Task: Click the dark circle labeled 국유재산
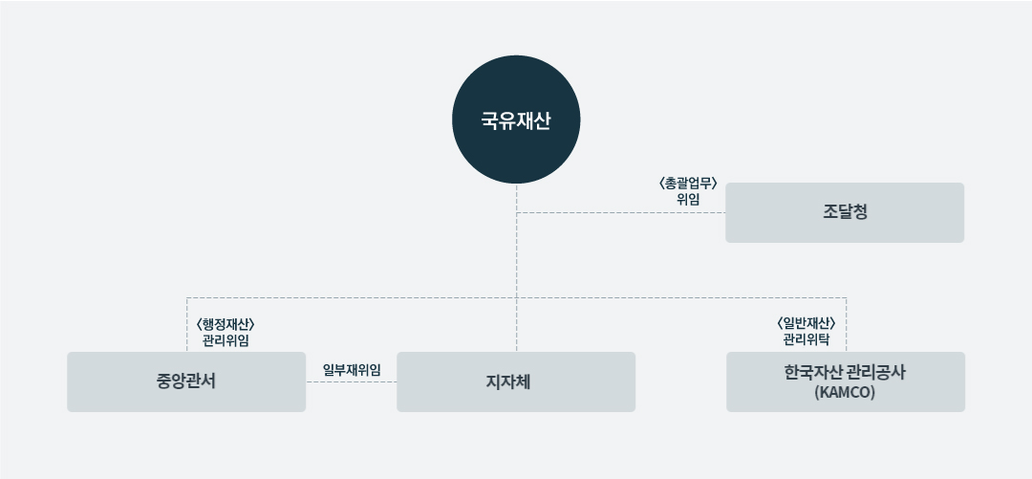(516, 120)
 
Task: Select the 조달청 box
(845, 213)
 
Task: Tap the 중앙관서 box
(186, 382)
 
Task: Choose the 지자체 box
(516, 382)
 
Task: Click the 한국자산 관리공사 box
(846, 382)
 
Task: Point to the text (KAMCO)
(845, 393)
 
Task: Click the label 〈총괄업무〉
(688, 184)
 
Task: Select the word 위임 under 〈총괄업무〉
(688, 200)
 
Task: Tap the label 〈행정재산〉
(226, 324)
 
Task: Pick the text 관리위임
(226, 340)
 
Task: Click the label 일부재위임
(352, 370)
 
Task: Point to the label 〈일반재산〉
(806, 323)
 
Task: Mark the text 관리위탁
(806, 340)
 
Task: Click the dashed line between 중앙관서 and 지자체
(352, 382)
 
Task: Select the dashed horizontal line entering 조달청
(621, 213)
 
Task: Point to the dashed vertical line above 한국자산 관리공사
(847, 325)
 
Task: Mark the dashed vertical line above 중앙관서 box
(187, 325)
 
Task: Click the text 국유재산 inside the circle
(516, 121)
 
